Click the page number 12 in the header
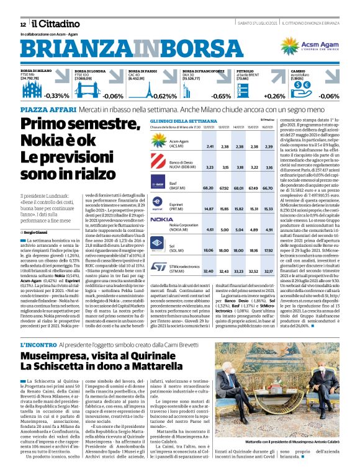23,24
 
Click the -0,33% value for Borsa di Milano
56,96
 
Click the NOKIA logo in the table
161,220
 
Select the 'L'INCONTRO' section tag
39,344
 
